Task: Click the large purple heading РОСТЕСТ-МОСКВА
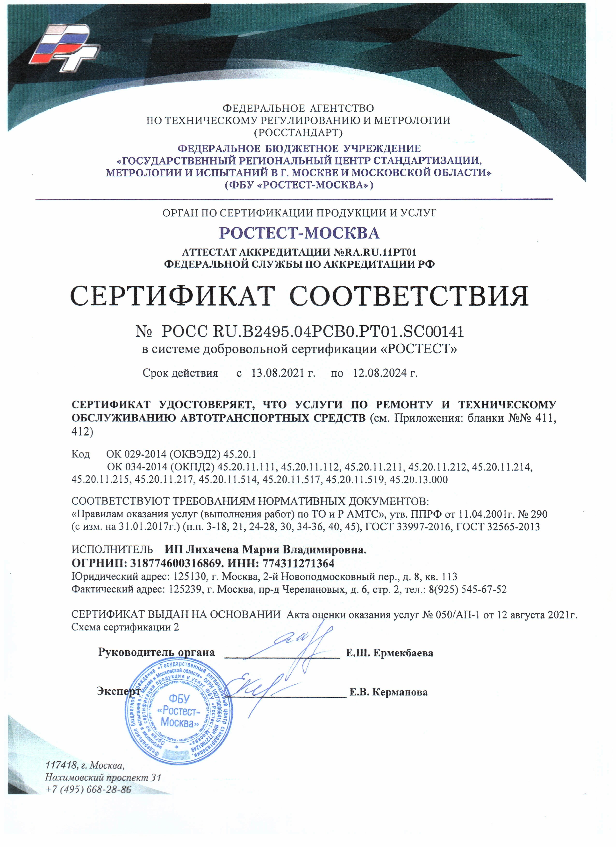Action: click(x=299, y=233)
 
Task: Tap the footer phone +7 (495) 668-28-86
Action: click(x=88, y=790)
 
